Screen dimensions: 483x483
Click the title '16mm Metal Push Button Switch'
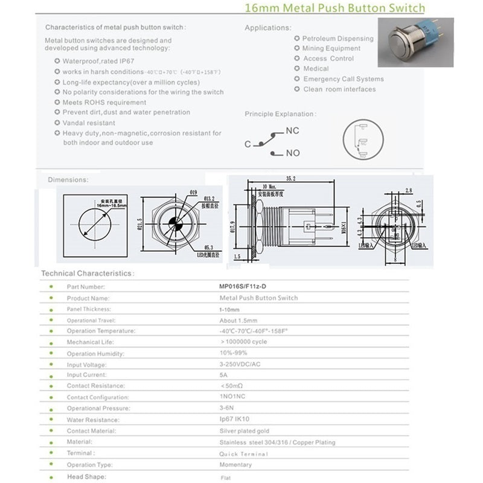[x=334, y=9]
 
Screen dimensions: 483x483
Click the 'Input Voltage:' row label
[x=86, y=365]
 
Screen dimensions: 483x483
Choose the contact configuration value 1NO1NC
[x=233, y=397]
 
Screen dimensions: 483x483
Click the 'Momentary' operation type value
[x=235, y=465]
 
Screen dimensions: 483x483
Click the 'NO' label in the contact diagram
[x=293, y=153]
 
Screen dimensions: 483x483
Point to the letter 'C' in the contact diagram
[x=248, y=144]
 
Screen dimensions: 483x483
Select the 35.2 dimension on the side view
[x=290, y=179]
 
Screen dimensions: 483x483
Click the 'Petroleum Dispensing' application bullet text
[x=338, y=39]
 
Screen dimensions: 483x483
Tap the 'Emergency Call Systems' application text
[x=343, y=79]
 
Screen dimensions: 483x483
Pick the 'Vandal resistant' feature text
[x=89, y=123]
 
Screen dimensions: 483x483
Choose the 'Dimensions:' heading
[x=68, y=179]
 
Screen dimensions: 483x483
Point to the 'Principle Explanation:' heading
[x=280, y=114]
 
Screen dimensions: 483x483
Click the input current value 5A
[x=223, y=375]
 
